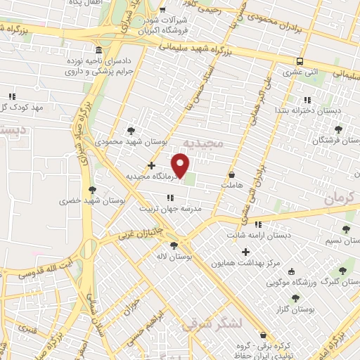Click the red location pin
[181, 166]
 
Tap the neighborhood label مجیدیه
[202, 143]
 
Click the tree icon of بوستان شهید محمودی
[131, 130]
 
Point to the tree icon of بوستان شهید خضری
[92, 189]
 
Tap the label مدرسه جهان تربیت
[173, 209]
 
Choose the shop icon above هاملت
[232, 173]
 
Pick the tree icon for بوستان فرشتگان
[340, 129]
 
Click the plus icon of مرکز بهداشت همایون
[245, 252]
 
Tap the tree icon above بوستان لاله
[184, 245]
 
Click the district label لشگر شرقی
[212, 324]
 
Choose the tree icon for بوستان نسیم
[345, 229]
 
